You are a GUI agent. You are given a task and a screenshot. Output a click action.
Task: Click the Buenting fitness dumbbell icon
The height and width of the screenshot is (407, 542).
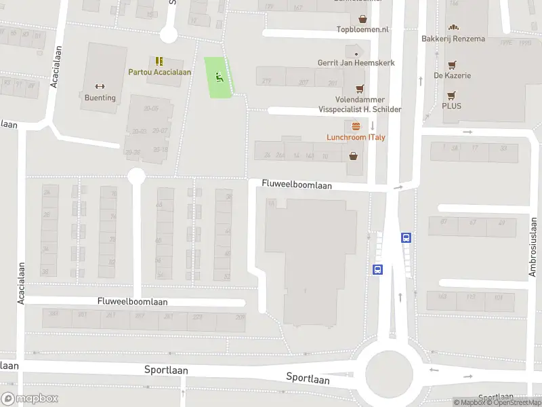pos(100,86)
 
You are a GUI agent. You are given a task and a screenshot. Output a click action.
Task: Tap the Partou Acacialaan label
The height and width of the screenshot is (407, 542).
pos(159,72)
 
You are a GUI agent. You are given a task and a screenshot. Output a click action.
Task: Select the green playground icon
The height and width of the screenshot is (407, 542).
pos(218,77)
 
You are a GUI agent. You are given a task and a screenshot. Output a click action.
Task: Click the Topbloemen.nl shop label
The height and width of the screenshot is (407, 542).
pos(363,29)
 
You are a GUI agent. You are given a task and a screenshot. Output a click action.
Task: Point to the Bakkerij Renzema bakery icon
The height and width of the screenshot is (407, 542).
pos(453,28)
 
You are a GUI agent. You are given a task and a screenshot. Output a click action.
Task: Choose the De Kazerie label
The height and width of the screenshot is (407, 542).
pos(452,75)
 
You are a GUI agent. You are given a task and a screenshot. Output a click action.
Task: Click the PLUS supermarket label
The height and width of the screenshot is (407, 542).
pos(451,106)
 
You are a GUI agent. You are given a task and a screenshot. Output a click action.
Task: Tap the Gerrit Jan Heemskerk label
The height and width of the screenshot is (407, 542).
pos(356,63)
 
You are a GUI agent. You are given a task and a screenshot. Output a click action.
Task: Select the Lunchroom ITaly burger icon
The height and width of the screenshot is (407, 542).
pos(356,126)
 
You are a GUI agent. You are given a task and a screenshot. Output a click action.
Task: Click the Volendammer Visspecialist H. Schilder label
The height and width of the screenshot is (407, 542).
pos(360,104)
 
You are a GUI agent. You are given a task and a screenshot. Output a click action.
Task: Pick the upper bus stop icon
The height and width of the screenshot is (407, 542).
pos(406,237)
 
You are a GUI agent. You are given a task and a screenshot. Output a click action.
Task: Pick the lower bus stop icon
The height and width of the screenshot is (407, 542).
pos(377,269)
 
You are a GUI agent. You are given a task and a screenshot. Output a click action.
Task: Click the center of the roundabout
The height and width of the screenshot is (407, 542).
pos(389,371)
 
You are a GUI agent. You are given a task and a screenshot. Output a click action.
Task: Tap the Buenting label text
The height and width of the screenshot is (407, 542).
pos(100,98)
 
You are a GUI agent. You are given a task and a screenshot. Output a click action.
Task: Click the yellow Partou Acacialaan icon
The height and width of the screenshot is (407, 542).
pos(159,61)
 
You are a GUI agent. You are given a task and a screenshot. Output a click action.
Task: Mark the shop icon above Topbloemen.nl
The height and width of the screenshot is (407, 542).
pos(363,19)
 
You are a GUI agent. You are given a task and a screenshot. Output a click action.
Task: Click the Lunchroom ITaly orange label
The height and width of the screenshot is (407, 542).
pos(356,137)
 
